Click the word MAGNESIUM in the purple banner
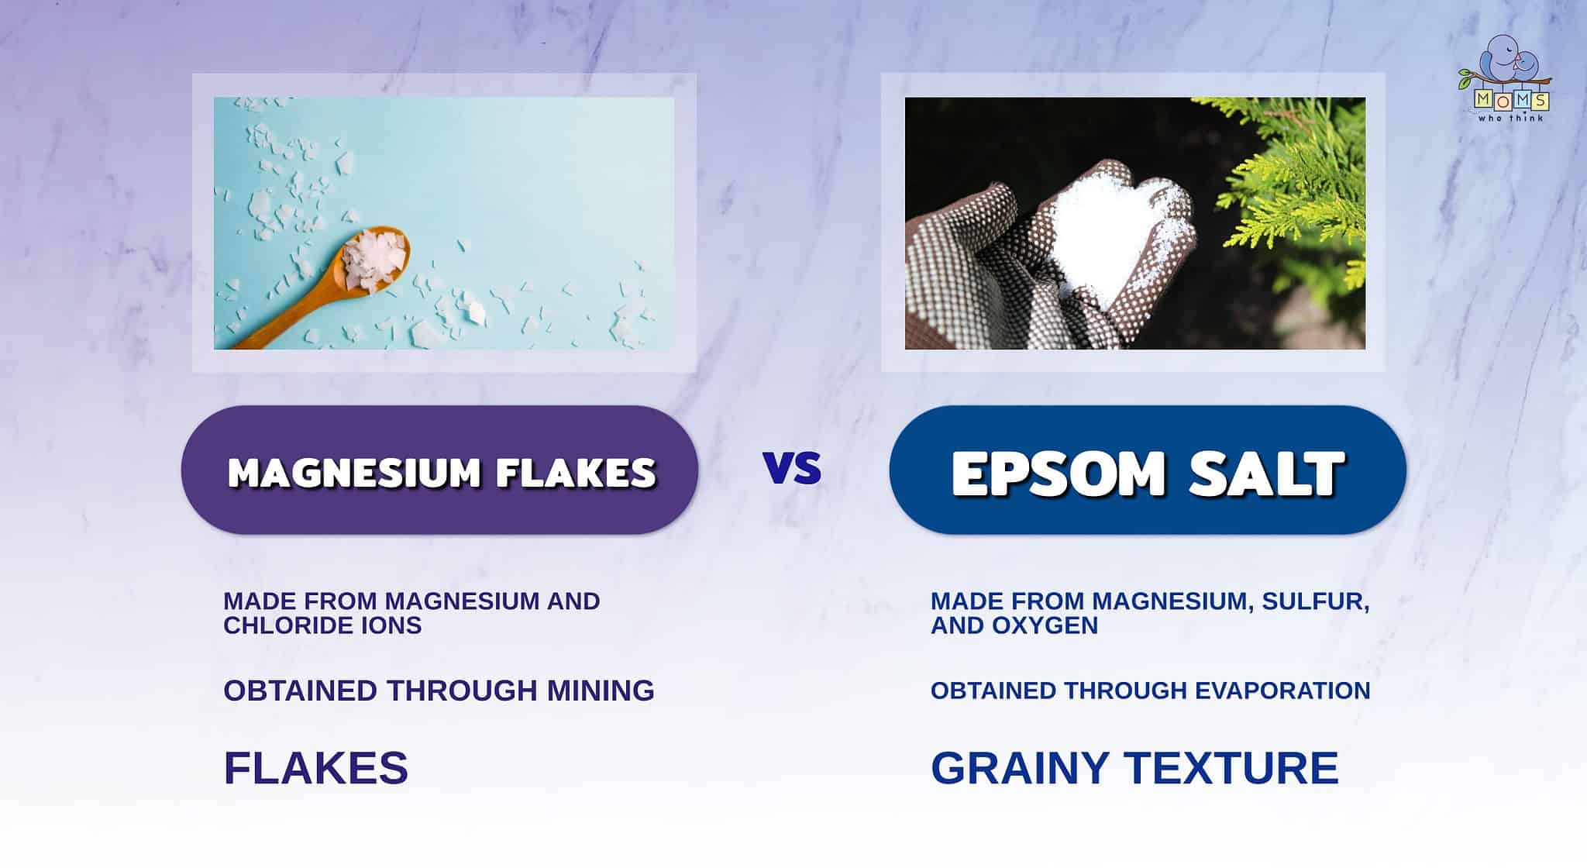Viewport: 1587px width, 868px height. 354,472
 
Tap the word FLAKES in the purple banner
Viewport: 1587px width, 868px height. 577,472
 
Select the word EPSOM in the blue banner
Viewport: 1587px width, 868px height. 1059,472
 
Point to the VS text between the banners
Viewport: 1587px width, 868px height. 792,468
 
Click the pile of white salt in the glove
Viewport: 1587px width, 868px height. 1100,232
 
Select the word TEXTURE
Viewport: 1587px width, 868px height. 1231,768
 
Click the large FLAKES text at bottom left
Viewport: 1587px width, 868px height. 315,768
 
